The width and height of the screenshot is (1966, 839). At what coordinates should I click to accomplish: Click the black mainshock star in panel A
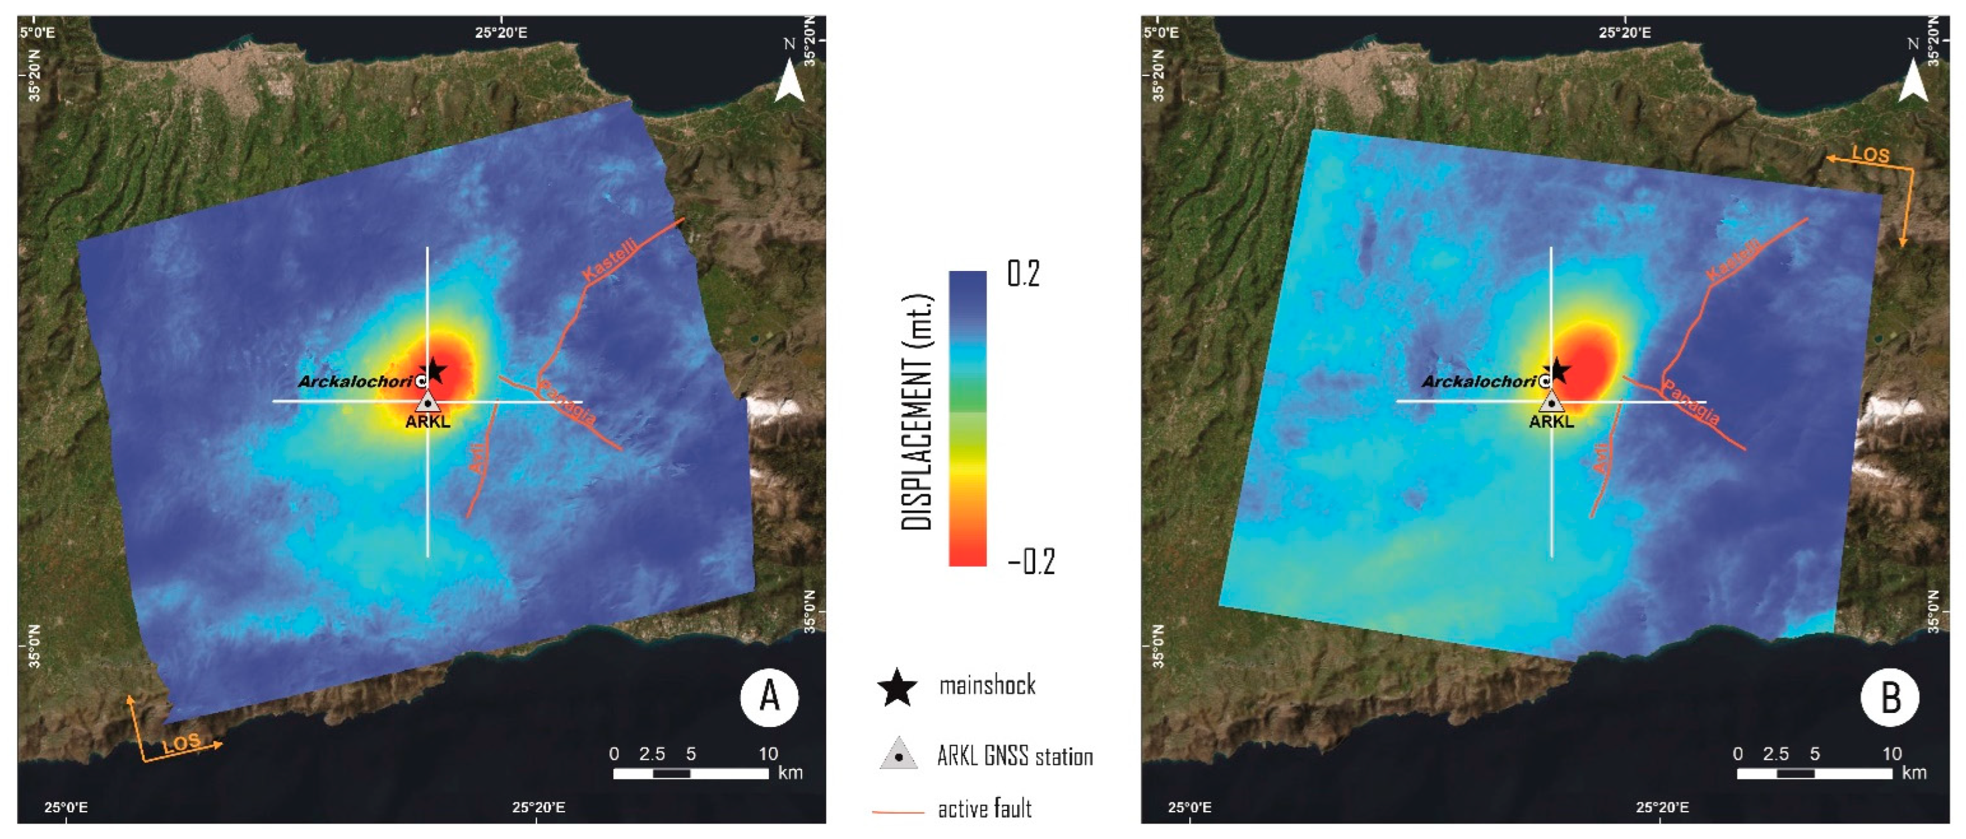pos(434,371)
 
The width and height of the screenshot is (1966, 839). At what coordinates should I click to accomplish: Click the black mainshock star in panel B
pos(1558,371)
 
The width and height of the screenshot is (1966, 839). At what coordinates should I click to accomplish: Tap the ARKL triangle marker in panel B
pos(1552,402)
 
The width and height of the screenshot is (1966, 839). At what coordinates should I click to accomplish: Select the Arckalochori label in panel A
pos(355,382)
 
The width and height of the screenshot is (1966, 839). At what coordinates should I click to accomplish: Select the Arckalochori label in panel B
pos(1478,382)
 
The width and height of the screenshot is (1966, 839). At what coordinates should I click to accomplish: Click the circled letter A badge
pos(769,696)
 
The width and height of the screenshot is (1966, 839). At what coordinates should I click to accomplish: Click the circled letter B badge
pos(1890,696)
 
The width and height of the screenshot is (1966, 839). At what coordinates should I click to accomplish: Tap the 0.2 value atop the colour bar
pos(1022,273)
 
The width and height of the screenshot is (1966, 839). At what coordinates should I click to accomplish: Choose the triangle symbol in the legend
pos(899,754)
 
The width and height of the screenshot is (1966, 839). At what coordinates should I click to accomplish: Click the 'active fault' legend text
pos(984,808)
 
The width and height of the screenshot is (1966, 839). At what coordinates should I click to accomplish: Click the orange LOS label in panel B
pos(1871,154)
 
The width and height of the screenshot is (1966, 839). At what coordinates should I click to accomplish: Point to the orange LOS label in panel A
pos(182,743)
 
